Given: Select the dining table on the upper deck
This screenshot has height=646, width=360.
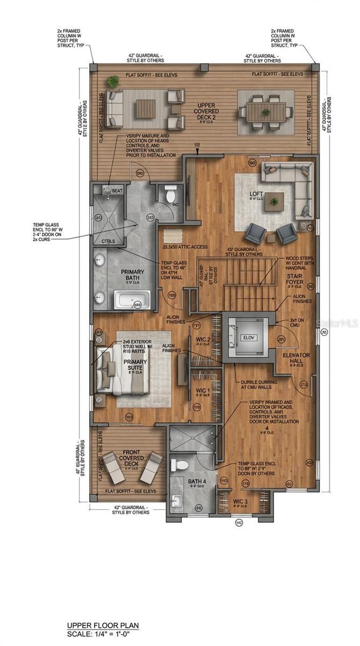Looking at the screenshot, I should coord(266,110).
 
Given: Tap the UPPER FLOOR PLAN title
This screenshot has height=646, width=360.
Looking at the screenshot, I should coord(103,625).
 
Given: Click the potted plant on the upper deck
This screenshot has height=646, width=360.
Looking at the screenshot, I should coord(113,81).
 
